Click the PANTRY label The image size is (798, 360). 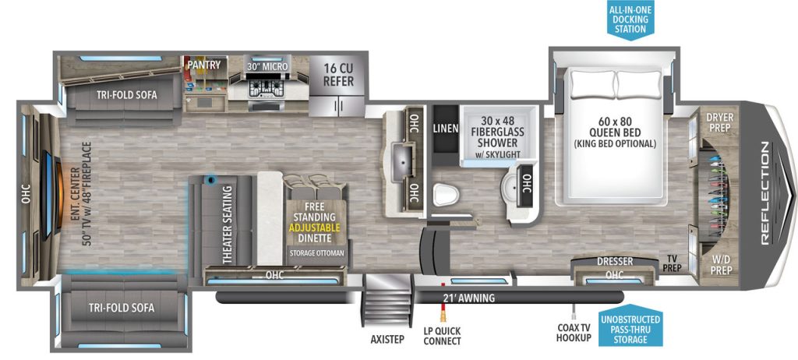(204, 65)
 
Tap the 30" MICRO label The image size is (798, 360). (268, 67)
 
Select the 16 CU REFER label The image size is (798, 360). (337, 75)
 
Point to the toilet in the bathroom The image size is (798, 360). (446, 194)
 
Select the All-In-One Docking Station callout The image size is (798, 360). (630, 20)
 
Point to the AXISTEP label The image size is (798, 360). (387, 340)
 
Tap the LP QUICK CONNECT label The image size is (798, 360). (443, 336)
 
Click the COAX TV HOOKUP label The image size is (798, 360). (574, 332)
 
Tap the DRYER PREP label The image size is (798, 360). (719, 122)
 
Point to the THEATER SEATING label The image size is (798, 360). (227, 224)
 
